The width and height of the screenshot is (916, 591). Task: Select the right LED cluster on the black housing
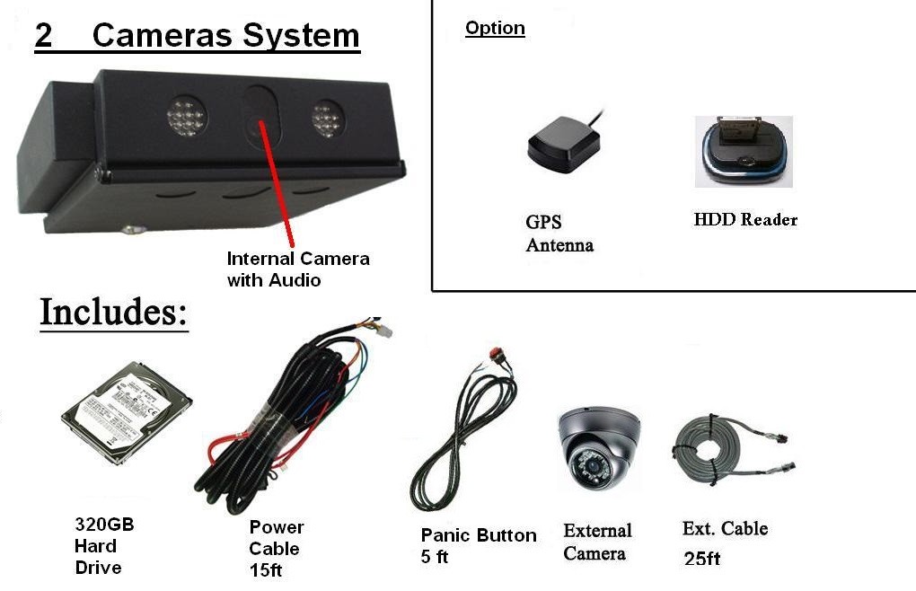click(326, 119)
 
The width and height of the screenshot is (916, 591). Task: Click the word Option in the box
click(495, 28)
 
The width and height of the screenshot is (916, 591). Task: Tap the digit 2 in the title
click(44, 36)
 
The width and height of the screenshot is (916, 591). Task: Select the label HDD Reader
click(745, 219)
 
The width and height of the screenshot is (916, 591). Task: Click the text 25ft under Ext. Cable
click(701, 559)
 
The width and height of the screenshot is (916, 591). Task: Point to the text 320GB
click(104, 525)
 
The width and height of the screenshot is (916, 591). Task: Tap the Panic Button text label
click(479, 535)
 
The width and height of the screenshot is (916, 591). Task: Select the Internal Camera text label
click(297, 259)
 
